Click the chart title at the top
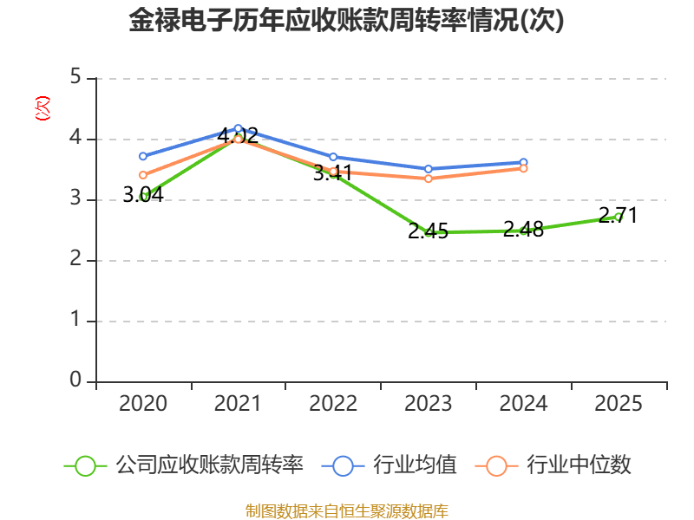[x=346, y=20]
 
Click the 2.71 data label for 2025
[x=618, y=215]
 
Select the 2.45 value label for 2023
[x=428, y=231]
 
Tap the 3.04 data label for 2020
[x=143, y=194]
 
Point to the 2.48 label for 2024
[x=523, y=230]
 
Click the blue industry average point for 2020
[x=143, y=156]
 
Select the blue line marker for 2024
[x=523, y=162]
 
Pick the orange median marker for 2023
[x=428, y=179]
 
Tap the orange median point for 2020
[x=143, y=175]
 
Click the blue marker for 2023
[x=428, y=169]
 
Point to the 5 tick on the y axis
[x=75, y=77]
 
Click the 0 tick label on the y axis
[x=75, y=380]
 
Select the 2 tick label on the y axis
[x=75, y=258]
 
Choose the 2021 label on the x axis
[x=238, y=404]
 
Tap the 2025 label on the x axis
[x=618, y=404]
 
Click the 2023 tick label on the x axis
[x=428, y=404]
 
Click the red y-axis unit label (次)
[x=43, y=108]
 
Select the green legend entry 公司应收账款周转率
[x=184, y=465]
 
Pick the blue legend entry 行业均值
[x=389, y=465]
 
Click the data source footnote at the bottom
[x=346, y=511]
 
